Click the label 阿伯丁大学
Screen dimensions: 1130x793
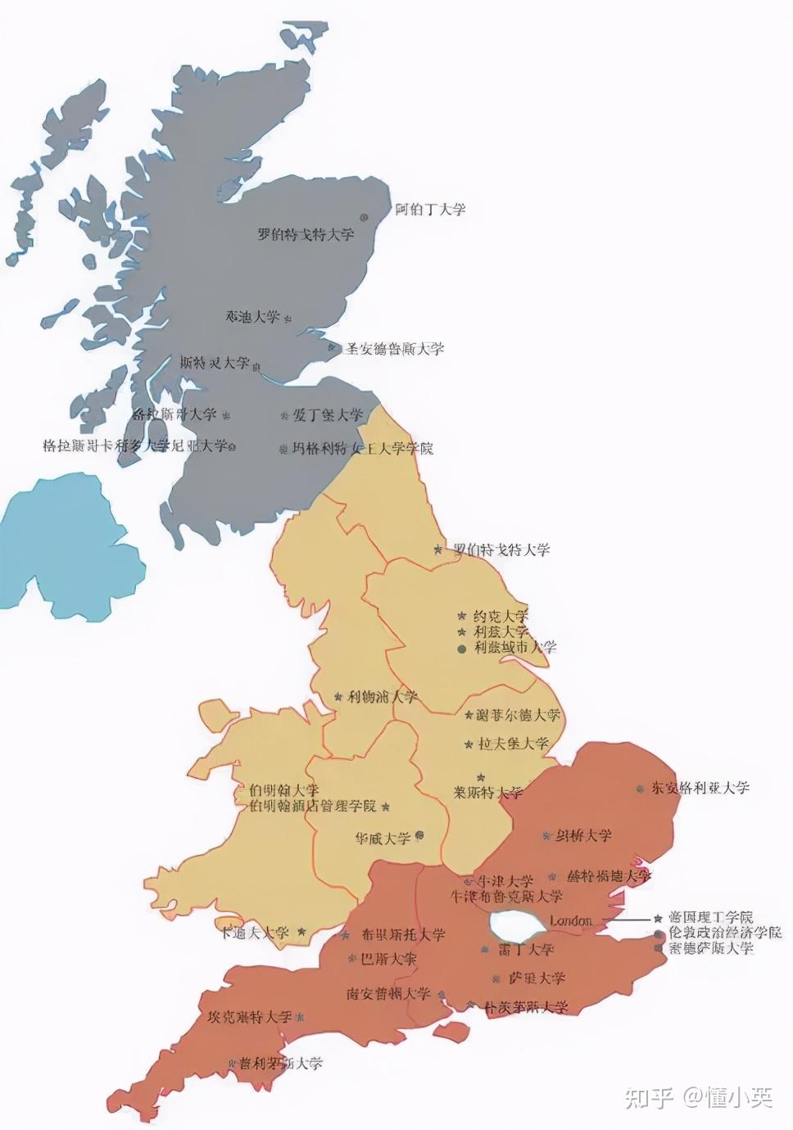[430, 210]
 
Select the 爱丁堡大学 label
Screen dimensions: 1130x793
[328, 415]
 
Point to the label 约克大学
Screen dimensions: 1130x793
[501, 616]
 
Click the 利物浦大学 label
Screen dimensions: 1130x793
[382, 697]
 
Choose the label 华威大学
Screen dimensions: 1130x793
[383, 838]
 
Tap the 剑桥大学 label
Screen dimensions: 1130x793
[584, 835]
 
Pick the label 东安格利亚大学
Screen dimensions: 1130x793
[700, 788]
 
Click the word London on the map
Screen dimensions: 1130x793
[570, 921]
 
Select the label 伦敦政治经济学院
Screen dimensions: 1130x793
[724, 933]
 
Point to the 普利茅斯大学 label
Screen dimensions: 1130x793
[281, 1064]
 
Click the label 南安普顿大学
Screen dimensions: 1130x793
[388, 994]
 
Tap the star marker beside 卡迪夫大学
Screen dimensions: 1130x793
[301, 932]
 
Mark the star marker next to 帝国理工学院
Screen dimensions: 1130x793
[658, 919]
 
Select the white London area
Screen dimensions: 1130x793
[516, 924]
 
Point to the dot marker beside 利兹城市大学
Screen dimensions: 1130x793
[461, 649]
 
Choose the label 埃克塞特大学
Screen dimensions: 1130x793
[249, 1017]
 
